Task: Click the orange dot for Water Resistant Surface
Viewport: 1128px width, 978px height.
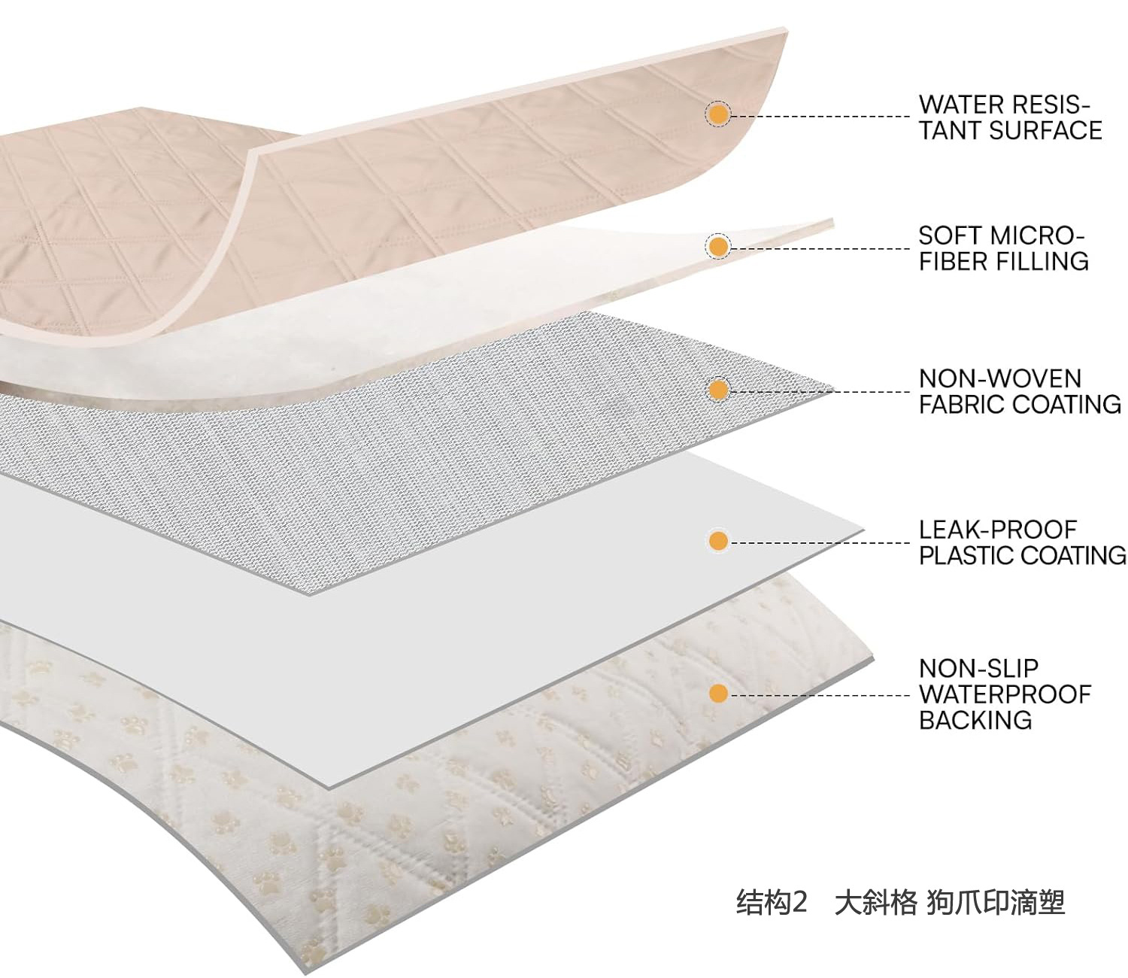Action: [x=719, y=114]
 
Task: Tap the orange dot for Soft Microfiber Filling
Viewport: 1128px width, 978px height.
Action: [x=719, y=247]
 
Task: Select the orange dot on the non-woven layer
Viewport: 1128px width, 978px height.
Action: [x=719, y=390]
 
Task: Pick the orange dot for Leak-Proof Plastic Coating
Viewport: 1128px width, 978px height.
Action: [x=719, y=541]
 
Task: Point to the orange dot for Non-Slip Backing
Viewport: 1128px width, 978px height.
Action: [x=719, y=694]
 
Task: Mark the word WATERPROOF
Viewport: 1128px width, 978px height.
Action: [x=1005, y=694]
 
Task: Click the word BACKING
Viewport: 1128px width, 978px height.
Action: [x=975, y=721]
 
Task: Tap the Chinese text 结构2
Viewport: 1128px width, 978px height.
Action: [x=772, y=901]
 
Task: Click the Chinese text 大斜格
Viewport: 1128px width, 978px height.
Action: [x=875, y=901]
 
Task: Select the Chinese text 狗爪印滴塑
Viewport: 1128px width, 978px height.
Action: [x=996, y=901]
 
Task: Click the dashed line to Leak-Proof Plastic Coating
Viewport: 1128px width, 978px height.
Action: [x=820, y=542]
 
